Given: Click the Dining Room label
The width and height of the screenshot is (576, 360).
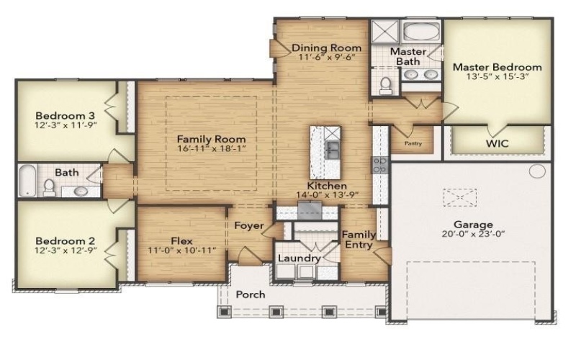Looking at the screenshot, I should tap(326, 49).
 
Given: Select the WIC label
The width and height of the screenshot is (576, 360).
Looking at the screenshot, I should tap(497, 143).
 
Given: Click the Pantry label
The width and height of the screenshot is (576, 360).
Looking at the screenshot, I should tap(413, 143).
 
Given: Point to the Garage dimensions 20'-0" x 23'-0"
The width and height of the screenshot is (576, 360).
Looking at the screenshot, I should tap(473, 234).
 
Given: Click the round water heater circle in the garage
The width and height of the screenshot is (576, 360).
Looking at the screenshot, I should tap(537, 171).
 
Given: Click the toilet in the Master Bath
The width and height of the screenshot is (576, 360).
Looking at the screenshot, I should tap(386, 86).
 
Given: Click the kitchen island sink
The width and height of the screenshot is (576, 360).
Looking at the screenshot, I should tap(333, 150).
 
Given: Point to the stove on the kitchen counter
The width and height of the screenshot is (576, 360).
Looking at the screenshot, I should tap(379, 164).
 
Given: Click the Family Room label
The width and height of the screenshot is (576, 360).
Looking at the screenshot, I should tap(211, 140).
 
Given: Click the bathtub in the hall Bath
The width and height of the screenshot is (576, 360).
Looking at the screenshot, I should tap(27, 180).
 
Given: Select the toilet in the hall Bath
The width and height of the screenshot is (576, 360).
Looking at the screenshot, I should tap(50, 187).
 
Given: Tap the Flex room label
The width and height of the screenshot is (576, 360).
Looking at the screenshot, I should tap(181, 240).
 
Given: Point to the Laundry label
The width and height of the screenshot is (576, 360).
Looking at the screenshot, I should tap(299, 258).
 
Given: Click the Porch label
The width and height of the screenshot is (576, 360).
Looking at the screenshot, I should tap(251, 294).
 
